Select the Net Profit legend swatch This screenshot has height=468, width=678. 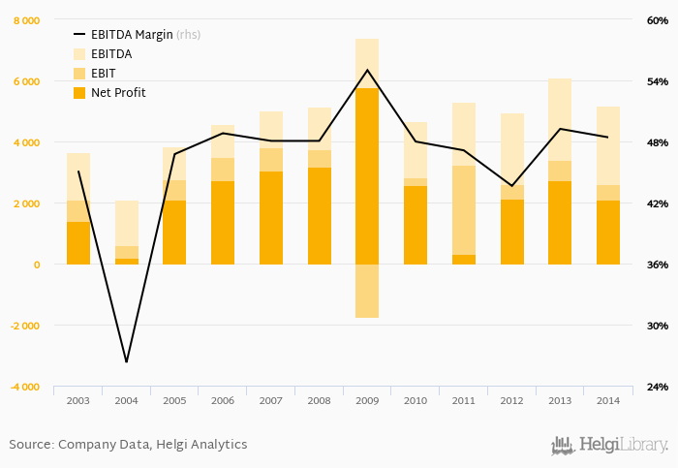tap(79, 93)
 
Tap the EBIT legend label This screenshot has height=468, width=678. tap(104, 74)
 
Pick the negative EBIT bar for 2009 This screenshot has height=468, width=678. tap(367, 291)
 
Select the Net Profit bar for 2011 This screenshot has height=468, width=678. tap(463, 260)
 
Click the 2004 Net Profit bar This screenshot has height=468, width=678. tap(127, 262)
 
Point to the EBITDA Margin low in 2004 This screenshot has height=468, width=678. tap(127, 362)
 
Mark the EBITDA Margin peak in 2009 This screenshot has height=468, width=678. tap(367, 70)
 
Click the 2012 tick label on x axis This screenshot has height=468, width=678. tap(511, 399)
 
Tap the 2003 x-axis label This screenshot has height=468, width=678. tap(78, 399)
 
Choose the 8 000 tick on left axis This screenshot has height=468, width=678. tap(26, 20)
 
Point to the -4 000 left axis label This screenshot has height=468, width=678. tap(24, 387)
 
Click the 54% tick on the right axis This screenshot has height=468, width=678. tap(658, 81)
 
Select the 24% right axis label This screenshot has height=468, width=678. tap(658, 387)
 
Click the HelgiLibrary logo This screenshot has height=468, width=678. tap(609, 445)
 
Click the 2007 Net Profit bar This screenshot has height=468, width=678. tap(271, 218)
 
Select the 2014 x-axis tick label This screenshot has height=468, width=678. tap(607, 399)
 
